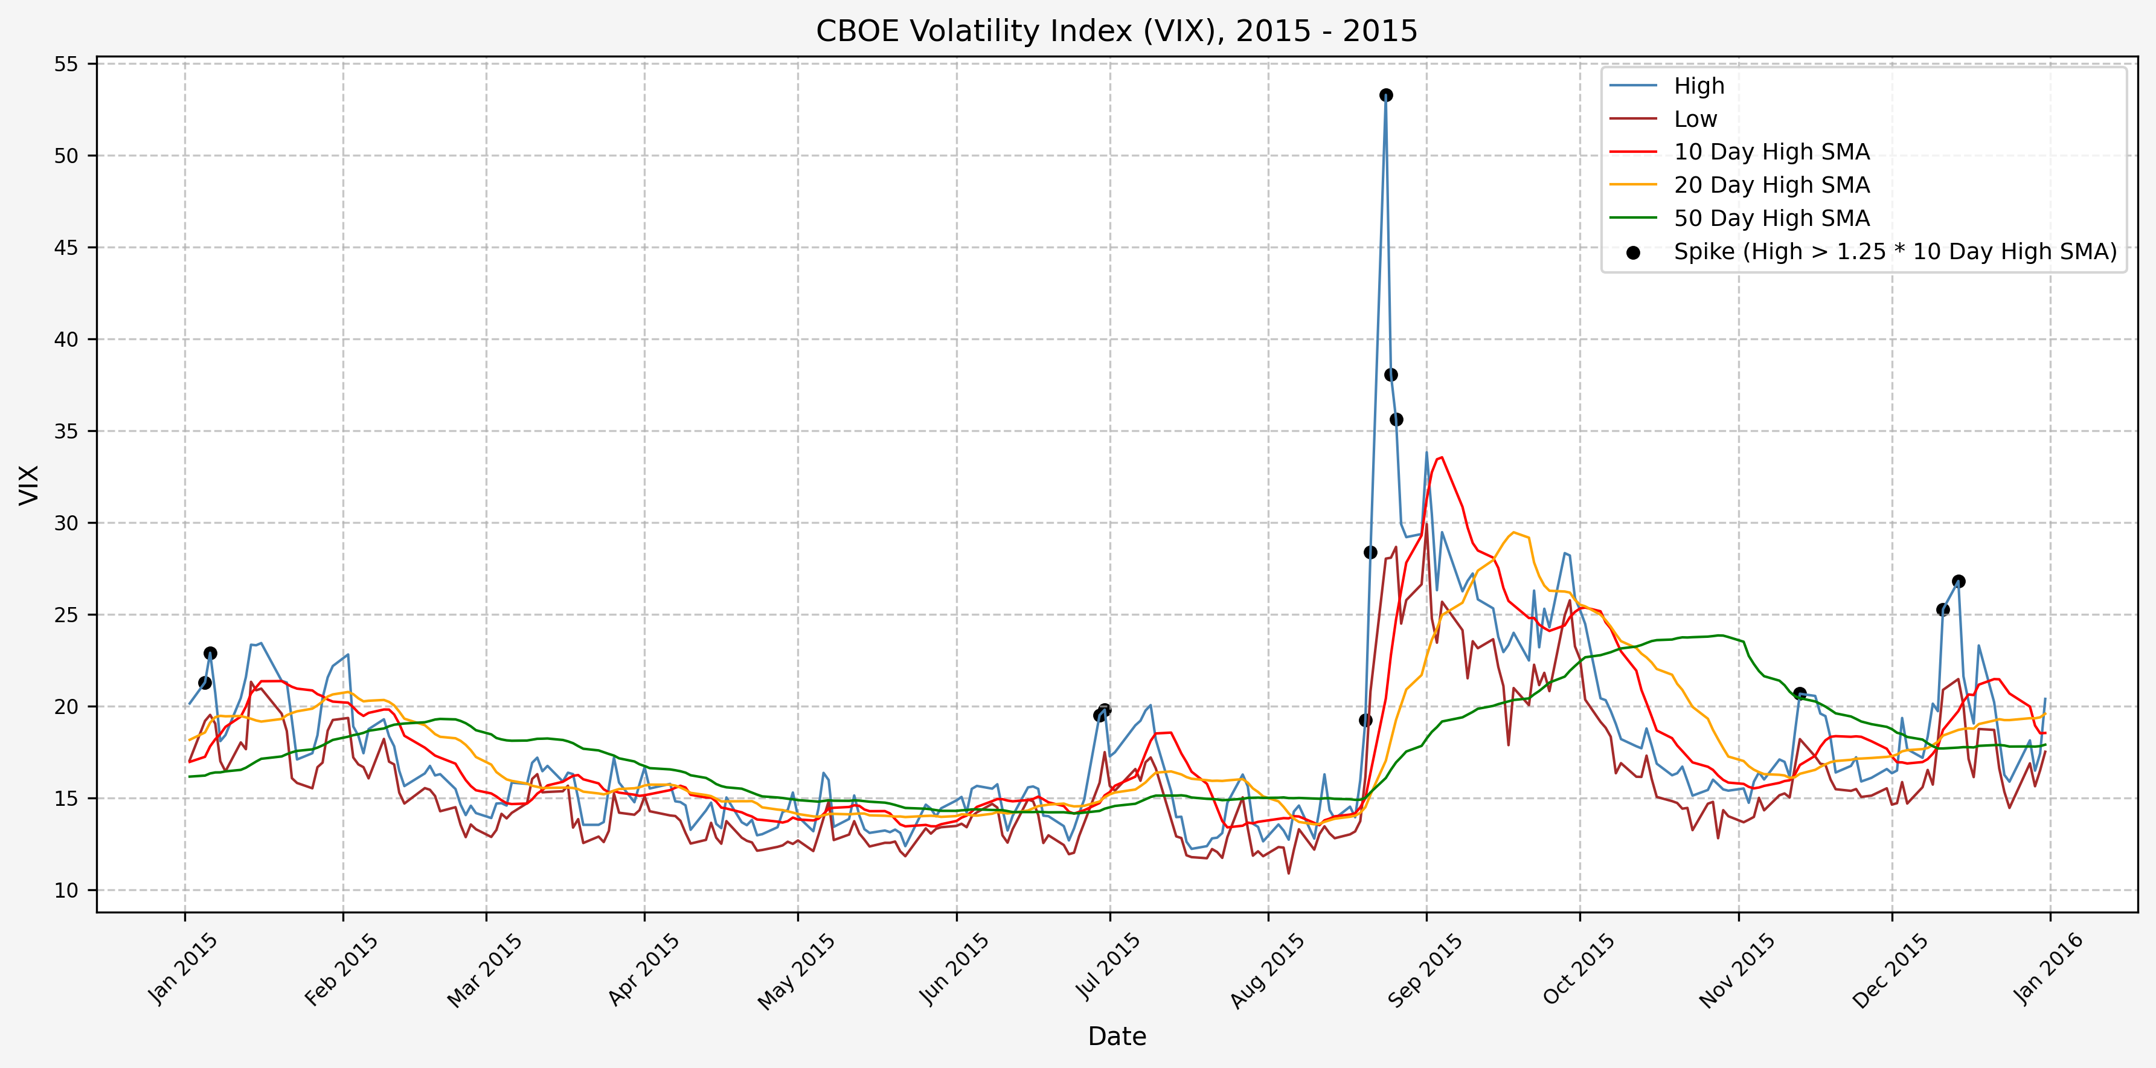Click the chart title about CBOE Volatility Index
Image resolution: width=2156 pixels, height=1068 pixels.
(1117, 31)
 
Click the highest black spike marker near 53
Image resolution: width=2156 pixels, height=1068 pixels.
(1386, 95)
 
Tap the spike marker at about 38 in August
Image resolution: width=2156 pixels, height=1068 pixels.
(1391, 375)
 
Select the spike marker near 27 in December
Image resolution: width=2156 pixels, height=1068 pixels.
(1959, 581)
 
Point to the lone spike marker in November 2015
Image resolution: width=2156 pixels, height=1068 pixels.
(1800, 693)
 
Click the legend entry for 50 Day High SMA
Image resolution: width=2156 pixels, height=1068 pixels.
(1771, 219)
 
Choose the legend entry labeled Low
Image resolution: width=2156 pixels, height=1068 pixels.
(1695, 120)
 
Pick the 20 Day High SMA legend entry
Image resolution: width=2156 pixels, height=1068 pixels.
(1771, 185)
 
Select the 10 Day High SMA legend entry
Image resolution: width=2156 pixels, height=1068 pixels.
(1771, 152)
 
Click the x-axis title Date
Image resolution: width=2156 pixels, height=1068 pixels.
(1117, 1036)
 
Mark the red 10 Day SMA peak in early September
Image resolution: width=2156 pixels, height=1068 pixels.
(1441, 457)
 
